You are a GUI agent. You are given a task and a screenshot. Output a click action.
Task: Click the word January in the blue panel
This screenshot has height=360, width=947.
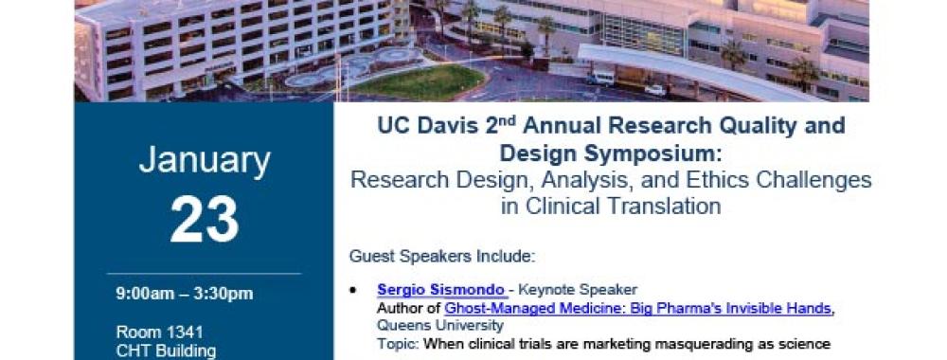tap(205, 162)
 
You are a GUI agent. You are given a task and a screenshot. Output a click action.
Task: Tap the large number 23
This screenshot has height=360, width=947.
tap(205, 220)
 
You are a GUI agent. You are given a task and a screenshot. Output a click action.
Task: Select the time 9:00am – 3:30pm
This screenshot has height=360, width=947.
tap(185, 295)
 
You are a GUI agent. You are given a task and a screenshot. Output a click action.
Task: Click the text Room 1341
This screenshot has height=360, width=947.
tap(159, 333)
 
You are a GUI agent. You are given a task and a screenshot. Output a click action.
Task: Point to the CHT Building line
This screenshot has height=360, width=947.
tap(166, 351)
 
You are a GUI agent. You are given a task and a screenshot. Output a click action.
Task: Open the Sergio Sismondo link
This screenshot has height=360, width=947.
tap(440, 290)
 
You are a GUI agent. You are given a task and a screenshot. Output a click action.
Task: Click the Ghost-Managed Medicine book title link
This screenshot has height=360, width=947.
tap(637, 309)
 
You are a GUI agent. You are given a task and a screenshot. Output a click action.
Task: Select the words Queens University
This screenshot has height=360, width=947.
tap(440, 326)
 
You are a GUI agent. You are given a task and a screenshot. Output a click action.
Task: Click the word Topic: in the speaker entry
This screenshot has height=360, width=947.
tap(398, 344)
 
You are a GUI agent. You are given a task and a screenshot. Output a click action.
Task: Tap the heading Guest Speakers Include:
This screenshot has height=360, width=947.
tap(442, 256)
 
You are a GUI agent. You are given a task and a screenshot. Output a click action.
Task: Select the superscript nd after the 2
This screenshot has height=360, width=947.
tap(509, 120)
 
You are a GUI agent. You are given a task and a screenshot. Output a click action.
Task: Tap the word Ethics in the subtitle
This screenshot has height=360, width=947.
tap(671, 180)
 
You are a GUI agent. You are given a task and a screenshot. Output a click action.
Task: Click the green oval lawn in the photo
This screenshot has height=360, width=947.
tap(418, 81)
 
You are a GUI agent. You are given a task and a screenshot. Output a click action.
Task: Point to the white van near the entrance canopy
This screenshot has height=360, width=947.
tap(600, 78)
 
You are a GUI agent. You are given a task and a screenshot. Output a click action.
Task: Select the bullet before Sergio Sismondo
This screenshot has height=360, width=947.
tap(352, 291)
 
